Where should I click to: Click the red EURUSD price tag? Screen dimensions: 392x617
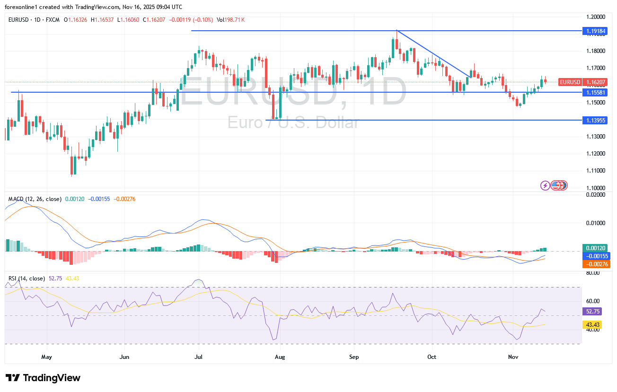pos(570,82)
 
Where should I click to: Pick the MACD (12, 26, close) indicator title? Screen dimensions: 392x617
pos(35,199)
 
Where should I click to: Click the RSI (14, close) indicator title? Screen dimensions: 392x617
pos(26,279)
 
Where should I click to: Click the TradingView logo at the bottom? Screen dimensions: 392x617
pos(43,378)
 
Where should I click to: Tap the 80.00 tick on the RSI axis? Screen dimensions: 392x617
pos(593,273)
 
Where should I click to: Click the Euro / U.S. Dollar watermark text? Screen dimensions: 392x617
pos(293,123)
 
